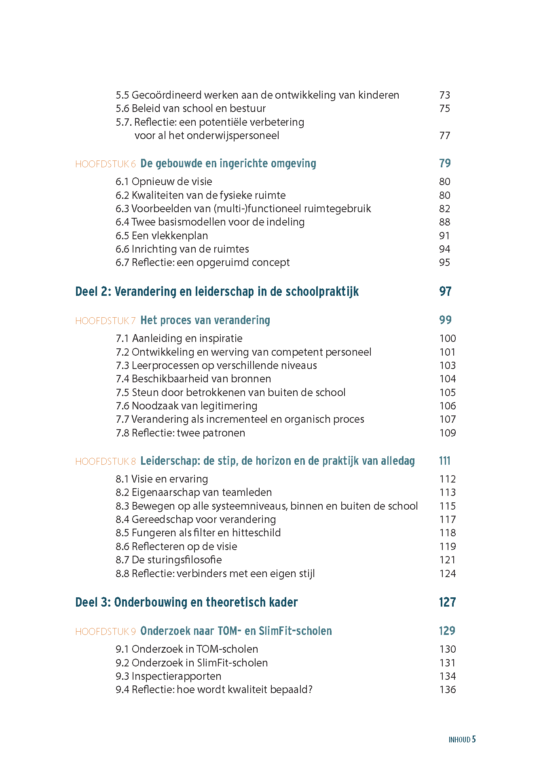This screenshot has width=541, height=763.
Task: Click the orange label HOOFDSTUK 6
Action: click(105, 164)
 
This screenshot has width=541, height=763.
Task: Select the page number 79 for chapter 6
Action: click(445, 163)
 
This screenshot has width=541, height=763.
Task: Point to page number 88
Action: click(444, 222)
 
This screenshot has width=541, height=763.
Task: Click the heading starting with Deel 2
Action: click(217, 291)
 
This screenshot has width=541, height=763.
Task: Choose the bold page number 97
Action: click(445, 291)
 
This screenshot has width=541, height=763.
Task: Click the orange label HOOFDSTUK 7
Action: click(105, 321)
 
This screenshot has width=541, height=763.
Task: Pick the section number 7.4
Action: click(122, 379)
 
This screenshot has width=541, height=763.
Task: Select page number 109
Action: click(447, 433)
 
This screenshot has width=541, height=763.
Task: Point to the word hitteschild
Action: click(256, 533)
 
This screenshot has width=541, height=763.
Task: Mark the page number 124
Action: click(447, 573)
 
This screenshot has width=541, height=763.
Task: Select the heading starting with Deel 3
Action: click(186, 602)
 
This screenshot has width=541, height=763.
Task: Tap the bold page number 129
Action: click(447, 631)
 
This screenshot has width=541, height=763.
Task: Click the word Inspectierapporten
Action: click(176, 676)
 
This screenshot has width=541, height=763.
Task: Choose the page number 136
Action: click(447, 689)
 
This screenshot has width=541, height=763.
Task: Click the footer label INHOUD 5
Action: click(462, 740)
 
